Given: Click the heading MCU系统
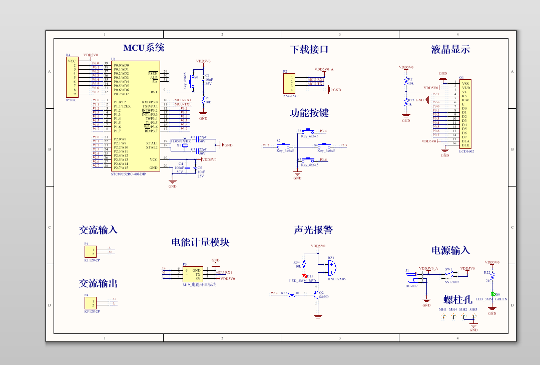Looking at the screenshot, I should point(144,48).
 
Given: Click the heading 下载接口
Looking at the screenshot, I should point(309,50).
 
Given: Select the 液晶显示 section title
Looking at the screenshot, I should point(450,50).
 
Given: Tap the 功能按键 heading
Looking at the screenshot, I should point(309,113).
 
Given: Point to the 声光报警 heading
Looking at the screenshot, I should point(313,230).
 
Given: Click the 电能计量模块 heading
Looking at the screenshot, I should point(200,242).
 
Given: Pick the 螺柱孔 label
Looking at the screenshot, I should point(458,300).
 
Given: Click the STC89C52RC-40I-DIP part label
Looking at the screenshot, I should point(129,174).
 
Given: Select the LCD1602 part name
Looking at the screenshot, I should point(466,151).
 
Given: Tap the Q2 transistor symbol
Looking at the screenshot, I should point(316,296).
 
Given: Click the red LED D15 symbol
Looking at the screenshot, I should point(304,276).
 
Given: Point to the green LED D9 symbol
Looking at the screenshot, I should point(492,294).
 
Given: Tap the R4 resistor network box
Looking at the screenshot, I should point(72,77).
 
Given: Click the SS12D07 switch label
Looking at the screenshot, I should point(452,282).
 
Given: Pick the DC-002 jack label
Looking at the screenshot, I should point(411,286).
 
